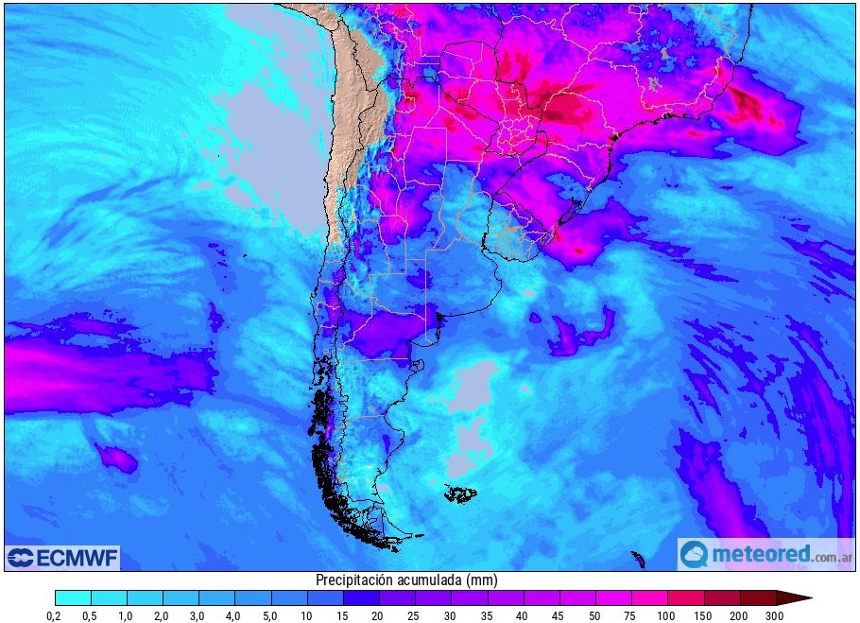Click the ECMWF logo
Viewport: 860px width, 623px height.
(x=62, y=558)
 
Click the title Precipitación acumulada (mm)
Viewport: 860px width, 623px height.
(x=406, y=580)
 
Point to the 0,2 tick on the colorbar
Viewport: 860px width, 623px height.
(x=55, y=615)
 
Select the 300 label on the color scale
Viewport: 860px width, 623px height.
(x=775, y=615)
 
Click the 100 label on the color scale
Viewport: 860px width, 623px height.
(x=666, y=615)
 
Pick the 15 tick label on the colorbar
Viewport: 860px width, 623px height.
(x=343, y=615)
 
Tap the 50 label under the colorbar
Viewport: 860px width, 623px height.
(x=594, y=615)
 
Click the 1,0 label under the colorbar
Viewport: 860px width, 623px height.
(x=127, y=615)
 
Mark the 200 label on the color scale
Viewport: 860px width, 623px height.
(x=739, y=615)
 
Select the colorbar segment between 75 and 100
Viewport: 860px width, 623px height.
(x=648, y=597)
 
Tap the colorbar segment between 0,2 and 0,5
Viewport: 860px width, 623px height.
(x=73, y=597)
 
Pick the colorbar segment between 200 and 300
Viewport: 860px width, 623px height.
(x=757, y=597)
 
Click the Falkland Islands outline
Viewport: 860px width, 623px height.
(x=460, y=493)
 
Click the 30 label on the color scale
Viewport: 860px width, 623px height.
(x=451, y=615)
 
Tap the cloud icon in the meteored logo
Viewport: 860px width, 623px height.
(x=695, y=554)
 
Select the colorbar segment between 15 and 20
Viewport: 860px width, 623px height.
(x=361, y=597)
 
